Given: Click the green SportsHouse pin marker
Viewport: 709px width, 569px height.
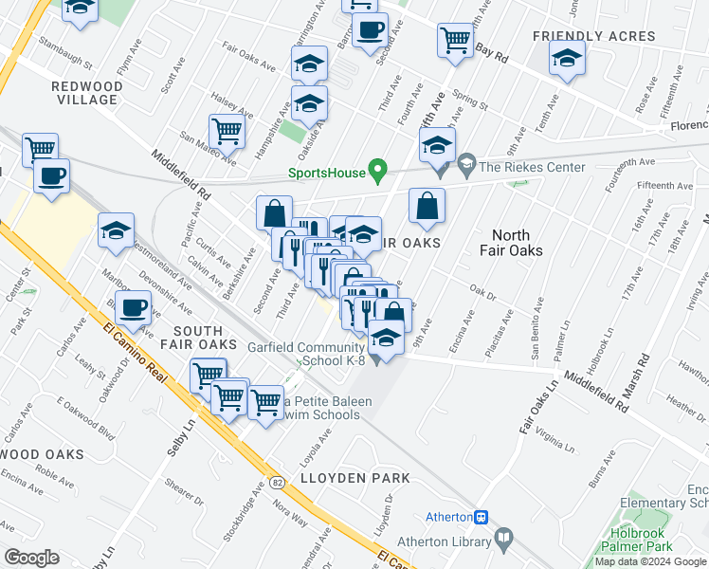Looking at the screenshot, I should tap(378, 171).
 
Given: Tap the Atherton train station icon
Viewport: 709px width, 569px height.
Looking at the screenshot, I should tap(482, 517).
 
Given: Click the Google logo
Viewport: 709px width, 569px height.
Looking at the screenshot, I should tap(31, 558).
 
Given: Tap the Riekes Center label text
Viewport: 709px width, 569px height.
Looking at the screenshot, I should tap(532, 168).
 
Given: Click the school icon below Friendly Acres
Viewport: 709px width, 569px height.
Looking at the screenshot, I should tap(567, 60).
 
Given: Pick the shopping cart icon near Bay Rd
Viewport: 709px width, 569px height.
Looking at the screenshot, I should tap(456, 41).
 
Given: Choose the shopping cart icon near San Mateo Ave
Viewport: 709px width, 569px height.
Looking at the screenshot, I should tap(227, 130).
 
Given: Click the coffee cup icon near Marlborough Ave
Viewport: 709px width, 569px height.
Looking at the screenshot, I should tap(134, 309).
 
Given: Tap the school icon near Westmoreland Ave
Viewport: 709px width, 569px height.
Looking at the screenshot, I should tap(116, 230).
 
